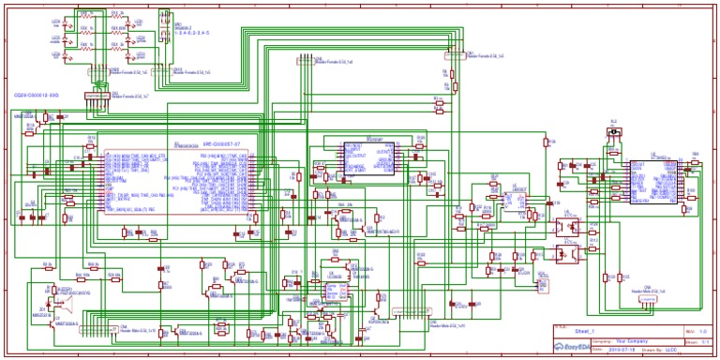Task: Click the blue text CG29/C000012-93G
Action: tap(36, 95)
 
